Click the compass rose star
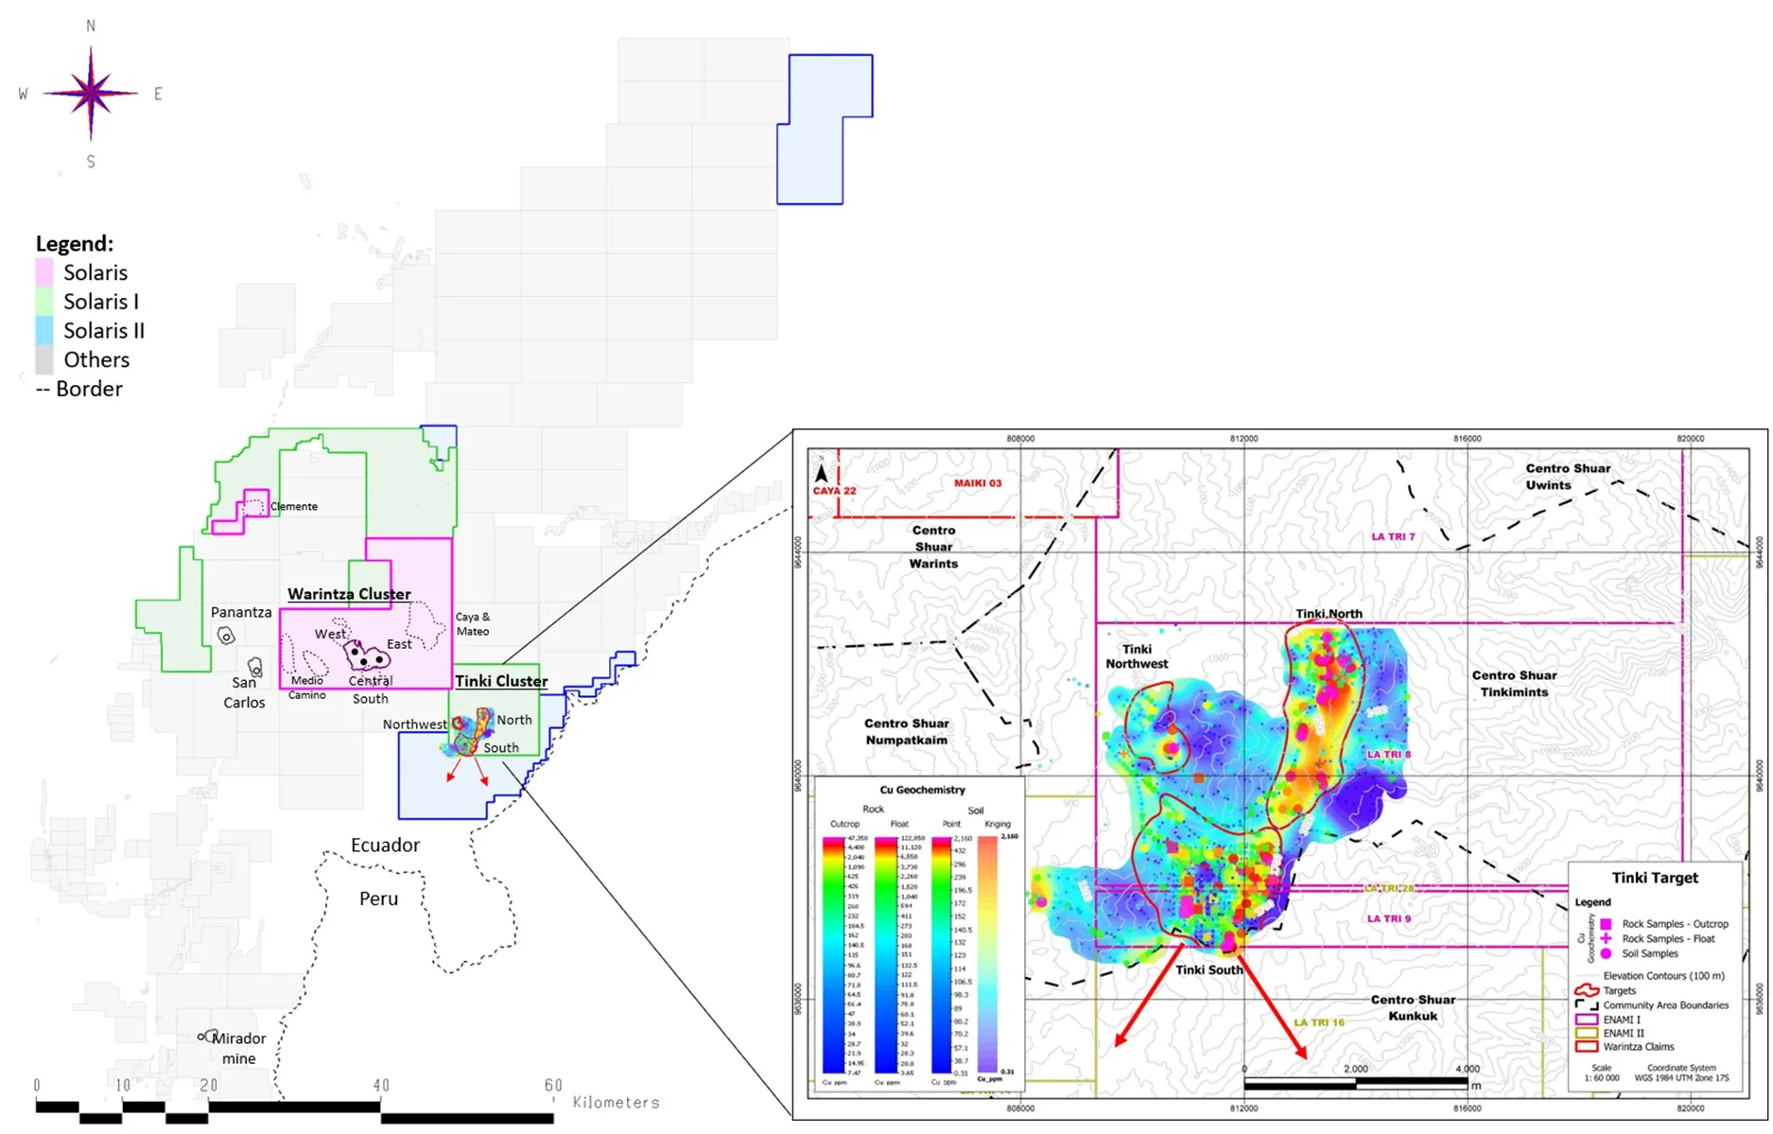tap(91, 94)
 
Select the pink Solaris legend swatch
tap(44, 273)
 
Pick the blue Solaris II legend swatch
tap(44, 331)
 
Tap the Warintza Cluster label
tap(349, 594)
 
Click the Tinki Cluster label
tap(501, 681)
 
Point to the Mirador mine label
tap(238, 1048)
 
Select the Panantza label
tap(241, 612)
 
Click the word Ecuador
tap(385, 845)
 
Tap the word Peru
tap(378, 898)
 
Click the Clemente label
tap(294, 506)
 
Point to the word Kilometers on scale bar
tap(616, 1102)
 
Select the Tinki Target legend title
tap(1655, 878)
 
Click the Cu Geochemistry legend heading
tap(922, 790)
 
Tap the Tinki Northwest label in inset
tap(1137, 656)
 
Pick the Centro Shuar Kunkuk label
tap(1413, 1007)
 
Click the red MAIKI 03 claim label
tap(977, 483)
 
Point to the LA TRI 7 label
tap(1393, 536)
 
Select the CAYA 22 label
tap(834, 491)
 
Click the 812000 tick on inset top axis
tap(1243, 439)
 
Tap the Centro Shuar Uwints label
tap(1567, 477)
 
